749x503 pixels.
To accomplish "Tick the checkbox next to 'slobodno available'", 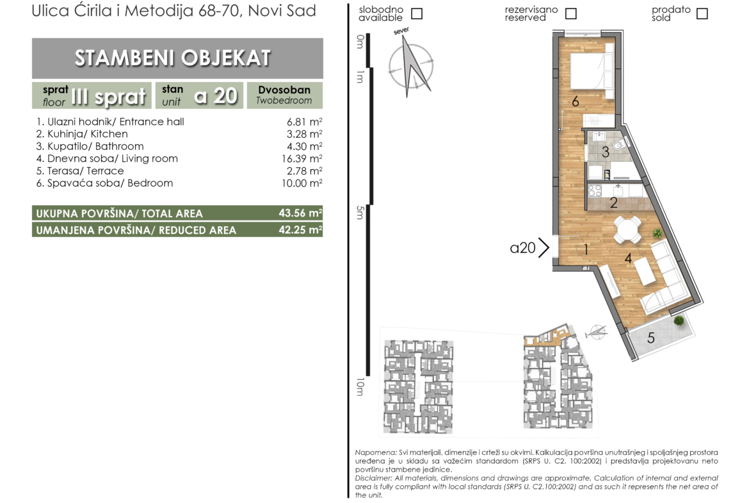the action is pos(417,13).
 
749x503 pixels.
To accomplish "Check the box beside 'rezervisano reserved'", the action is pos(571,13).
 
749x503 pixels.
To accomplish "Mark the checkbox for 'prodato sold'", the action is pos(702,13).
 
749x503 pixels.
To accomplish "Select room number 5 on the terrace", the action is pos(650,338).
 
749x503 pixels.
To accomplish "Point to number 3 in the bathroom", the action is pos(605,152).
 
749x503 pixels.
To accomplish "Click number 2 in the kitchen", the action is pos(614,202).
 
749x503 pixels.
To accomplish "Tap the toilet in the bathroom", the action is pos(620,144).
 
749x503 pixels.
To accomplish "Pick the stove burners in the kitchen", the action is pos(595,190).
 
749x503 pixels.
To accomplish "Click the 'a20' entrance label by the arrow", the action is pos(522,248).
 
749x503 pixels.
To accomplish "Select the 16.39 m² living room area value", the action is pos(302,159).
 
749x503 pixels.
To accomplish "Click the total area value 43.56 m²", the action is pos(300,213).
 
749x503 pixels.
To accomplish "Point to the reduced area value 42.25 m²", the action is pos(300,229).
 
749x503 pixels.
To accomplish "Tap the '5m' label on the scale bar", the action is pos(360,212).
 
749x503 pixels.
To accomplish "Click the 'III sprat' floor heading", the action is pos(108,97).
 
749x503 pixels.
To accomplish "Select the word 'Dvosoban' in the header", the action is pos(284,90).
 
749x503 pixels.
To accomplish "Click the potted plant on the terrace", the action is pos(679,321).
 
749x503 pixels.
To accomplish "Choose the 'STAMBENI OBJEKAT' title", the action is pos(173,58).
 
